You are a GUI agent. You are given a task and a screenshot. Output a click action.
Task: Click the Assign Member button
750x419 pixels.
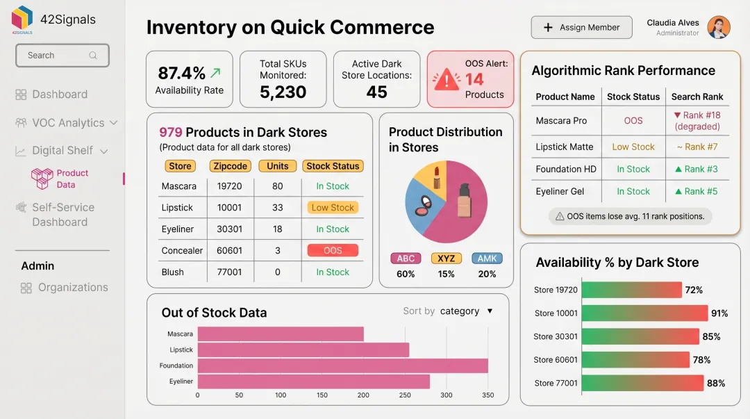(x=581, y=27)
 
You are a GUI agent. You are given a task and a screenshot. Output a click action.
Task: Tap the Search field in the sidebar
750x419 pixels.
(x=62, y=56)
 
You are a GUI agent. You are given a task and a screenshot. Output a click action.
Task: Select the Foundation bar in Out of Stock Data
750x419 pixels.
(x=342, y=365)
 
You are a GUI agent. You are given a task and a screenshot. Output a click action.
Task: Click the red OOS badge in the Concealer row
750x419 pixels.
(x=333, y=251)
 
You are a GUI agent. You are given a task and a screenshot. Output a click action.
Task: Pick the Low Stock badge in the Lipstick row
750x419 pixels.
(x=333, y=208)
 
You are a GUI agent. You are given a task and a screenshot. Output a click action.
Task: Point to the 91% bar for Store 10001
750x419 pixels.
(x=644, y=313)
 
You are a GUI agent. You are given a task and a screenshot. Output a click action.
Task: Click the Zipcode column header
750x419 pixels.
(x=231, y=166)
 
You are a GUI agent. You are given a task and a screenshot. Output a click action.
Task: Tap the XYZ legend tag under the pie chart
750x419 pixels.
(x=446, y=258)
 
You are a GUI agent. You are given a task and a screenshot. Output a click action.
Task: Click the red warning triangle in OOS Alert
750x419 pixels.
(x=446, y=80)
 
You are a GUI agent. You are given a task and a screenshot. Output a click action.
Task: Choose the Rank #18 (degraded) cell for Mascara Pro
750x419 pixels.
(x=697, y=121)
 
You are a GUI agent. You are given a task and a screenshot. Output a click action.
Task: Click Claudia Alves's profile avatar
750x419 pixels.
(x=718, y=27)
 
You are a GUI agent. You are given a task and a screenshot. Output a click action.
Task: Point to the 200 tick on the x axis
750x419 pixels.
(x=363, y=395)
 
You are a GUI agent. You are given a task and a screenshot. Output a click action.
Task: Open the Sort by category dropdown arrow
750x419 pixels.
(x=490, y=311)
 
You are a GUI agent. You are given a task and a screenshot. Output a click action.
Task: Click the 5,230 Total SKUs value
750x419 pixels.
(x=283, y=92)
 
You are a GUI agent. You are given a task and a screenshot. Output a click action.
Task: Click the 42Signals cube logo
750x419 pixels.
(x=22, y=18)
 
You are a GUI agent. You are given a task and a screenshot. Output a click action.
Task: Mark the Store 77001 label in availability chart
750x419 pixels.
(x=555, y=383)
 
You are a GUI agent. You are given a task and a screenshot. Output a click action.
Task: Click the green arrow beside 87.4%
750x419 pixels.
(x=216, y=72)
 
